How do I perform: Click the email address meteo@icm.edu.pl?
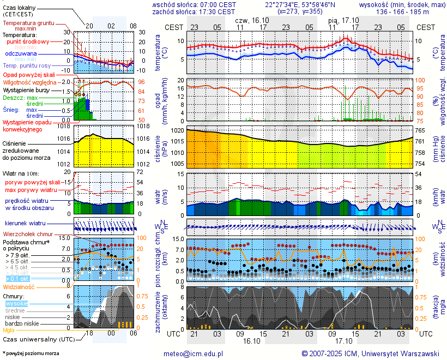tap(194, 353)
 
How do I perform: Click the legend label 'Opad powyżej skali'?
tap(29, 75)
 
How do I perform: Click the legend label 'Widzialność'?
tap(19, 286)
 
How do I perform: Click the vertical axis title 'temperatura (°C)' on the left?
tap(158, 53)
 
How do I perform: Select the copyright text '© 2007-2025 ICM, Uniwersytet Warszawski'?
tap(371, 353)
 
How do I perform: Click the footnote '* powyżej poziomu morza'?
tap(31, 353)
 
